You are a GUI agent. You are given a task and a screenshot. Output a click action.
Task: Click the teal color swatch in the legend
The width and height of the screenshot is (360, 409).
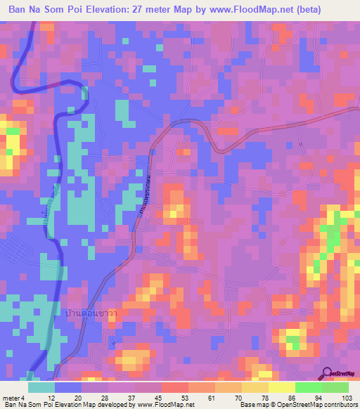41,388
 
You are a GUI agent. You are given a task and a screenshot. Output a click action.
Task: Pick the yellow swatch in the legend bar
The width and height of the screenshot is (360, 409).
255,388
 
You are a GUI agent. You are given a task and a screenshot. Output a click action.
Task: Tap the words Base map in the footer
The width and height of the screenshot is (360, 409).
254,404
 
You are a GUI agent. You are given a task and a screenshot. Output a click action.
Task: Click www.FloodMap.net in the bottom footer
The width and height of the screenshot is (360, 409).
162,404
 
